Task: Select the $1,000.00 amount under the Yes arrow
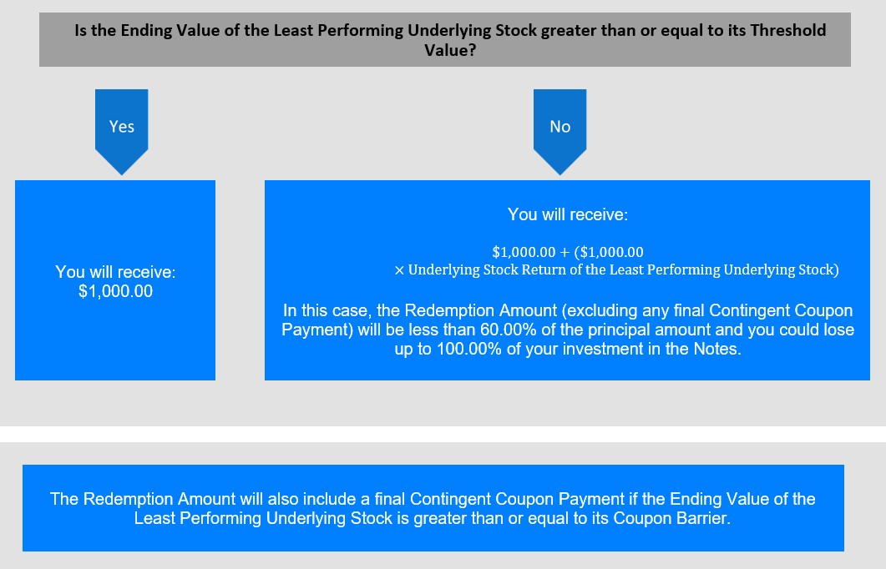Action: point(115,291)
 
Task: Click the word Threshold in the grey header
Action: point(787,30)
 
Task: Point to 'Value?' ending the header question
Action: point(450,50)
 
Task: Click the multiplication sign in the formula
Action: point(399,271)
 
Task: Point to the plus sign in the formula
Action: point(565,252)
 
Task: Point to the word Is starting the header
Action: point(81,30)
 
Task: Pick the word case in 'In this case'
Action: point(352,311)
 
